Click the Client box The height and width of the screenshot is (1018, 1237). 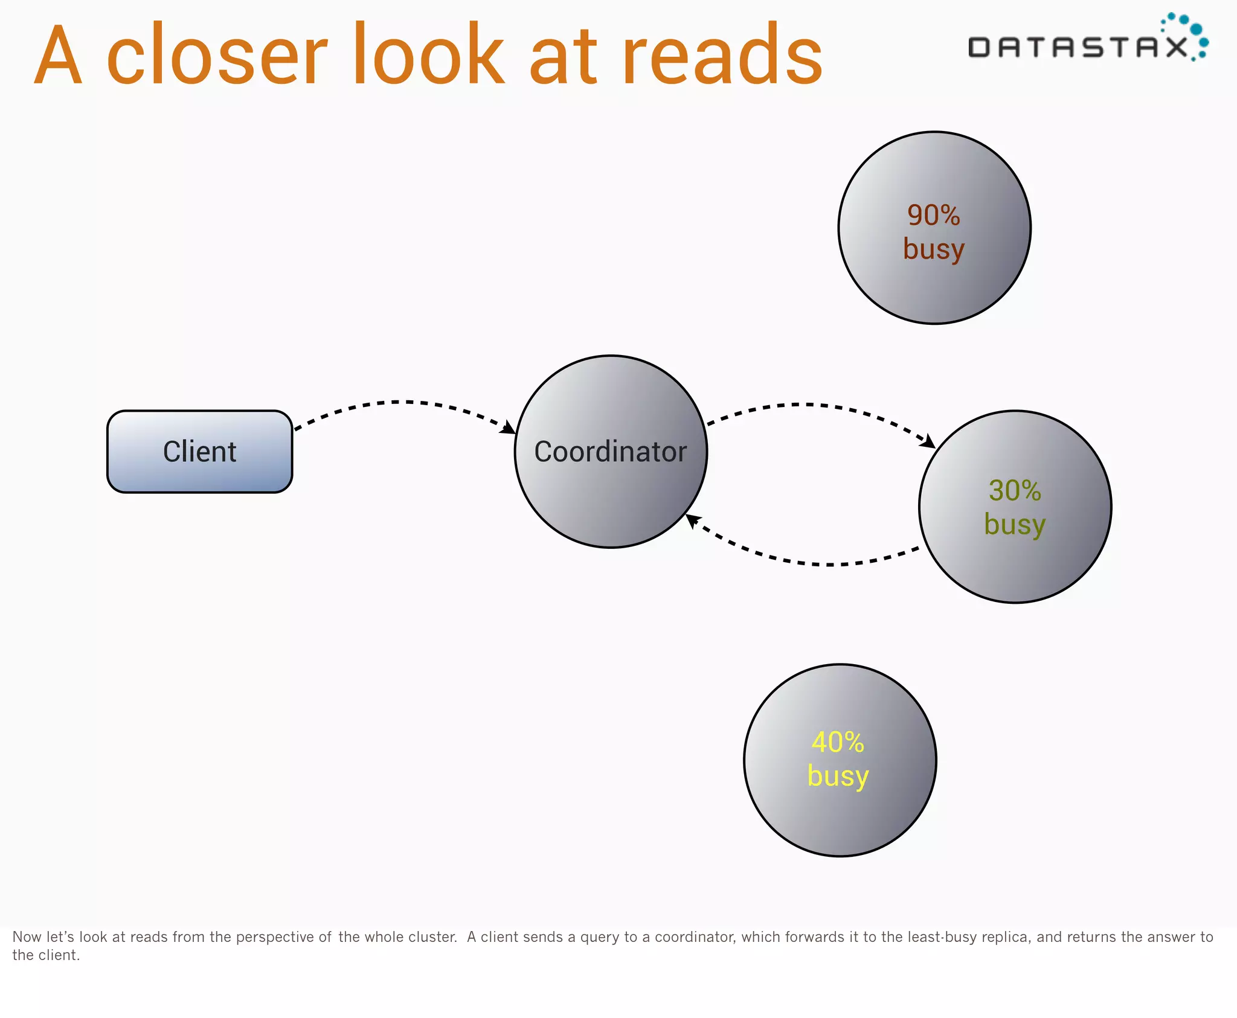(199, 452)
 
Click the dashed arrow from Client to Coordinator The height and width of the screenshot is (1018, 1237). (399, 402)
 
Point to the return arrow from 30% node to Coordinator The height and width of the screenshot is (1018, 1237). (827, 564)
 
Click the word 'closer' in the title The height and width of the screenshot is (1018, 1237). (217, 56)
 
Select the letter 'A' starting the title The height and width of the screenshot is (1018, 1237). (58, 56)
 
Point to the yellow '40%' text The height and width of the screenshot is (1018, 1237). (838, 742)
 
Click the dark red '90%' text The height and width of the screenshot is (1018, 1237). (934, 216)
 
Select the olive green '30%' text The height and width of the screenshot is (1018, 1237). (1015, 490)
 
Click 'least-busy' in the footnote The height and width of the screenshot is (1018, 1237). (940, 937)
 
